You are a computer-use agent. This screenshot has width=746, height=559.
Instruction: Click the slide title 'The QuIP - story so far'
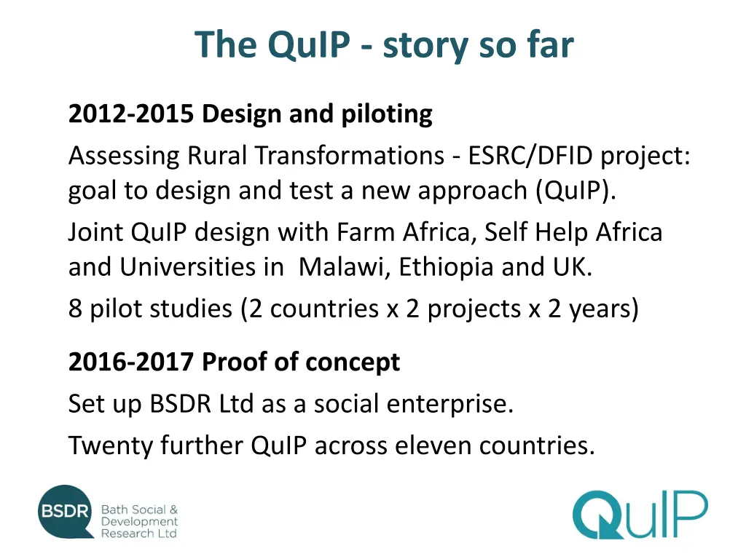[384, 45]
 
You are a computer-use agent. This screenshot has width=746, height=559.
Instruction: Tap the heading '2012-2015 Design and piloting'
[250, 114]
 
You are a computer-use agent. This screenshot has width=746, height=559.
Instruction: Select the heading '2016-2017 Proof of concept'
[234, 362]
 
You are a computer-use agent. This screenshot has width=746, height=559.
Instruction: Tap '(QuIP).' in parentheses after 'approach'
[576, 191]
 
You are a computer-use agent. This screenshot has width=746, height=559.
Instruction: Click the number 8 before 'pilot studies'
[75, 309]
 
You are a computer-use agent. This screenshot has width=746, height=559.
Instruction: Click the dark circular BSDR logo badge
[66, 512]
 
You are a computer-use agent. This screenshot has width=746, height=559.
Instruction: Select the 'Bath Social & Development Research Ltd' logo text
[138, 522]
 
